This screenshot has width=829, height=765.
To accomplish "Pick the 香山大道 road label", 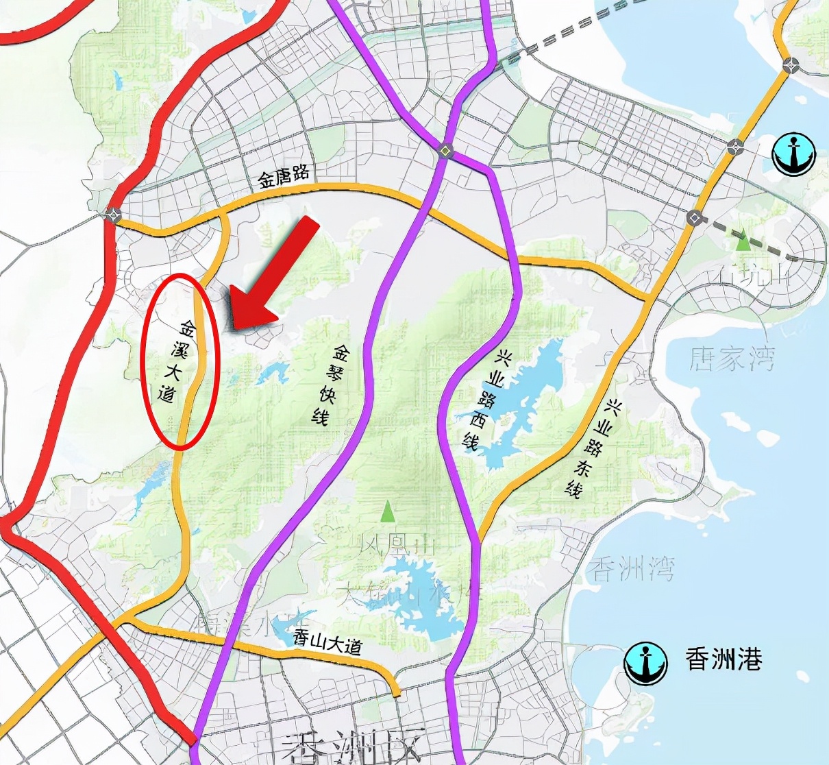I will (x=326, y=642).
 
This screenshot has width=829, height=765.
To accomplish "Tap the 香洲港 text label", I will (x=723, y=659).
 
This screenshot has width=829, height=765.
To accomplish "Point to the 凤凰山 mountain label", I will (x=397, y=546).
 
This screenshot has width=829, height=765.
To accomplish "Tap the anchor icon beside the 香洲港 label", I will (x=645, y=663).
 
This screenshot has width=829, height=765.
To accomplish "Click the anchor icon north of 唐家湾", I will (x=794, y=154).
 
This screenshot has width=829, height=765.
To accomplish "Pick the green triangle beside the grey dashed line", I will (x=743, y=241).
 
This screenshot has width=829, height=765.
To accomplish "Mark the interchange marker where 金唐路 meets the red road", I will (x=112, y=215).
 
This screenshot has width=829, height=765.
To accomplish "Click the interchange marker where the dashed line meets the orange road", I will (x=694, y=218).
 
